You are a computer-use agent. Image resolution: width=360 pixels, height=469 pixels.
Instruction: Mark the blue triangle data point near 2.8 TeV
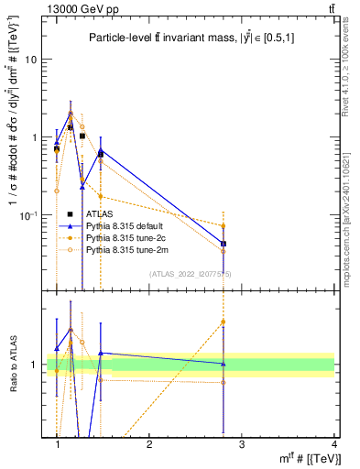tap(224, 244)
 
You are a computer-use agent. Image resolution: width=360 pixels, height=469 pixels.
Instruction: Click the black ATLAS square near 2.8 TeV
tap(224, 244)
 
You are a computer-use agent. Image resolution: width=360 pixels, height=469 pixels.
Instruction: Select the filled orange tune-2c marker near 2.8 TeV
tap(224, 225)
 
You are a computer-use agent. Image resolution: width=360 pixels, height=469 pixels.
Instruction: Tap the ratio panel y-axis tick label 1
tap(37, 365)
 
